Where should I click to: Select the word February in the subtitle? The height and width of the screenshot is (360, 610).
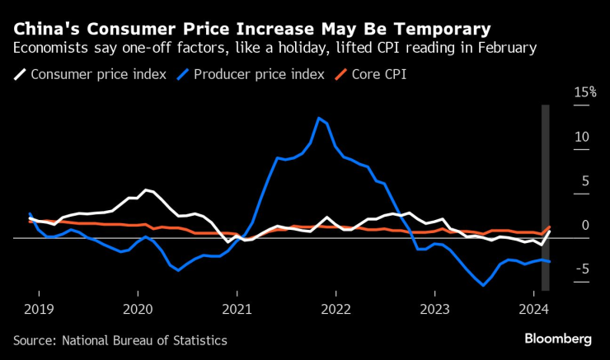(505, 48)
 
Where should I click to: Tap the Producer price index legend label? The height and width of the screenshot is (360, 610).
(256, 74)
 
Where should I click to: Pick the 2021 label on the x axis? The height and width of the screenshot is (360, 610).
(237, 310)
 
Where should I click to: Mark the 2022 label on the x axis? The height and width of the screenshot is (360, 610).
(336, 310)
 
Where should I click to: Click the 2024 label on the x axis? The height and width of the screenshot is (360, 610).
(536, 310)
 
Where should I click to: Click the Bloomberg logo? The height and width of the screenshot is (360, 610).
(559, 339)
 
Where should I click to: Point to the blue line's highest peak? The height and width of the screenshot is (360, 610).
(319, 118)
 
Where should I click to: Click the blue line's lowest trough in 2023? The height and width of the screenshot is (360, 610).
(483, 285)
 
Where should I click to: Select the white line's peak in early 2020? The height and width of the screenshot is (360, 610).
(146, 190)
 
